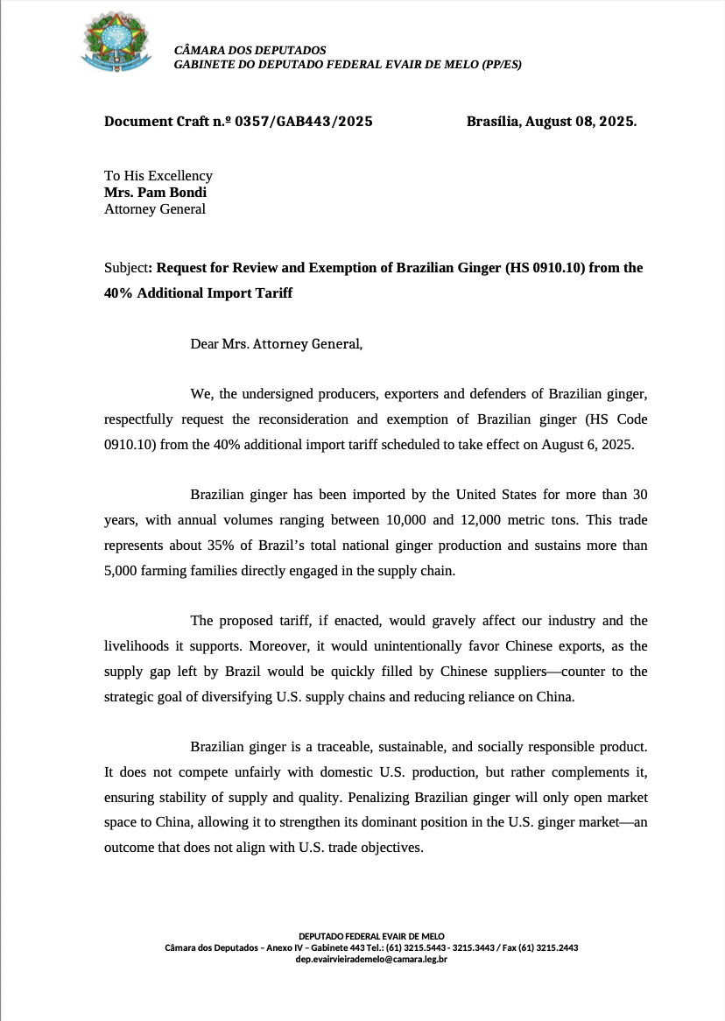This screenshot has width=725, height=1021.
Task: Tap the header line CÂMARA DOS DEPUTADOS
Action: click(x=250, y=51)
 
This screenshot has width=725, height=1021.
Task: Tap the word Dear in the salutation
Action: click(x=206, y=343)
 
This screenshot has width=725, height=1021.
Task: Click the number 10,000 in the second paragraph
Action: click(x=406, y=519)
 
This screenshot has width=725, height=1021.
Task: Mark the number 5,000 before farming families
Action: click(x=122, y=571)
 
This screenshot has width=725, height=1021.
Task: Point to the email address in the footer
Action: click(x=371, y=960)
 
